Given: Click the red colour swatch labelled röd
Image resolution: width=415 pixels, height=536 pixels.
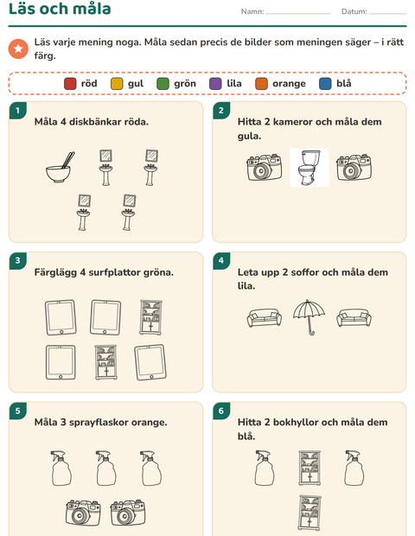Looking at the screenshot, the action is coord(70,83).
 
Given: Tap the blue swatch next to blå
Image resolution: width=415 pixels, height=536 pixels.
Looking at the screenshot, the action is coord(325,83).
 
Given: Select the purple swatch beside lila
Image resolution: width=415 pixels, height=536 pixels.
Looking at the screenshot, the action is coord(215,83).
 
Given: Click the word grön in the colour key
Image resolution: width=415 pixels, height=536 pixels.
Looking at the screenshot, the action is coord(185,84).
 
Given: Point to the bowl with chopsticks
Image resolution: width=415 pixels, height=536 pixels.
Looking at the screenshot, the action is coord(61,168).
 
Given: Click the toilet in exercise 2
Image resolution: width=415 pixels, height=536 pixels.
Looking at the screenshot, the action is coord(309,168).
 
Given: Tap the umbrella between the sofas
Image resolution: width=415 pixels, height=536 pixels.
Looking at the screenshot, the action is coord(309,317).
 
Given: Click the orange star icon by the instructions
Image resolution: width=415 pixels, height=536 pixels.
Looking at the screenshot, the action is coord(18,48).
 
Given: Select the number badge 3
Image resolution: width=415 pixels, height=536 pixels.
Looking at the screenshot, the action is coord(18,261).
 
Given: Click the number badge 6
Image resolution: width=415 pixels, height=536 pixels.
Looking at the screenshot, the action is coord(221,411).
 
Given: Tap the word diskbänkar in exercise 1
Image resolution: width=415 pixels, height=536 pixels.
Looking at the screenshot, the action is coord(91,122).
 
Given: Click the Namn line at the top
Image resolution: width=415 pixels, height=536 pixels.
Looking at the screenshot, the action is coord(297,14).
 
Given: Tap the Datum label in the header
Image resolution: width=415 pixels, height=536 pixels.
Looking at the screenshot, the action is coord(354,11).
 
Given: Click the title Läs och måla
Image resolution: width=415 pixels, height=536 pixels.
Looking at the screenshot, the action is coord(60,9).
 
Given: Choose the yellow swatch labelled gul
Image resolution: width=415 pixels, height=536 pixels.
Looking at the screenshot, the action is coord(117,83).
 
